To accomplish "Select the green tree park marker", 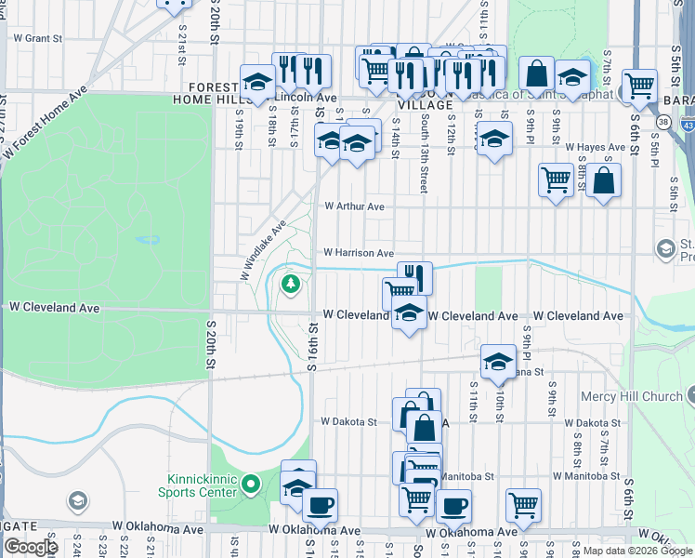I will coord(291,282).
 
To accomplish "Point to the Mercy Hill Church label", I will coord(631,396).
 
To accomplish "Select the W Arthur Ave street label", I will coord(353,206).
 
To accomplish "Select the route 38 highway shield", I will coord(662,122).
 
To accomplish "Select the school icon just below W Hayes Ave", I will coord(494,139).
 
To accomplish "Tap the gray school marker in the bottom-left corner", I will coord(78,503).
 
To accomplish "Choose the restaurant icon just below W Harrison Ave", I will coord(414,276).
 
